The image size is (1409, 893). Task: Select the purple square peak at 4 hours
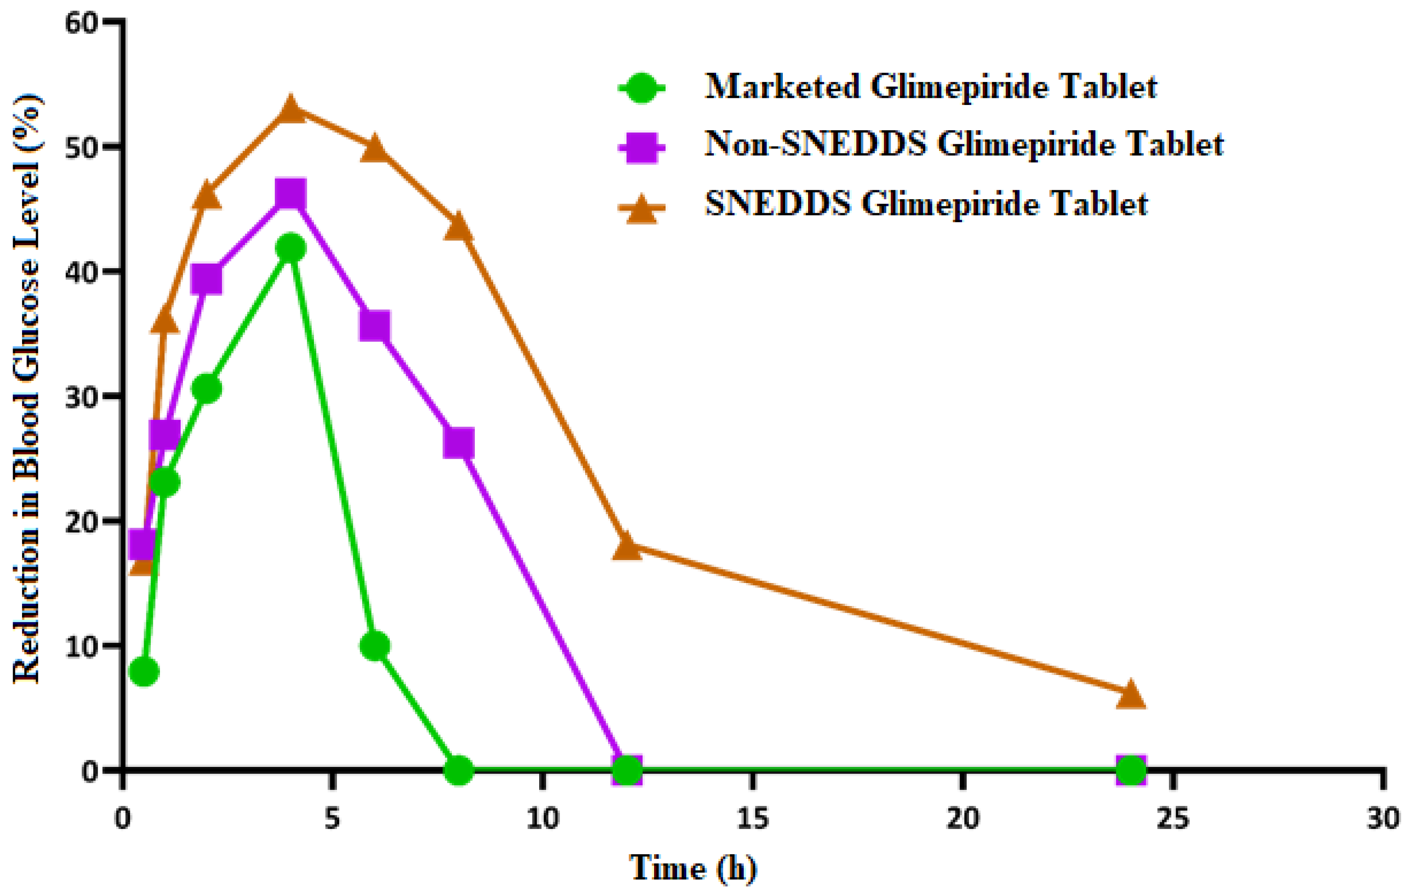[291, 194]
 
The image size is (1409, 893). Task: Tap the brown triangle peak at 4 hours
[291, 110]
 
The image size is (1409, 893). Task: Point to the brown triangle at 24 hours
[1131, 695]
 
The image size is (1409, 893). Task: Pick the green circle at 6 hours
[374, 646]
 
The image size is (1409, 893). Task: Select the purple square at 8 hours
[458, 443]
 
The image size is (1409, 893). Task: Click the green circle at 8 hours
[458, 770]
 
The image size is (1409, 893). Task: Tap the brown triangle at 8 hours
[458, 227]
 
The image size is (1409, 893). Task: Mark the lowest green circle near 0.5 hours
[144, 671]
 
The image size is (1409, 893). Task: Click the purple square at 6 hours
[374, 326]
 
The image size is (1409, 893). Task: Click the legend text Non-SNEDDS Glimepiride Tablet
[964, 144]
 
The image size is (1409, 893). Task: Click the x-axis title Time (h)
[693, 868]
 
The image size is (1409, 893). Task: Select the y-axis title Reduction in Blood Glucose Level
[26, 389]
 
